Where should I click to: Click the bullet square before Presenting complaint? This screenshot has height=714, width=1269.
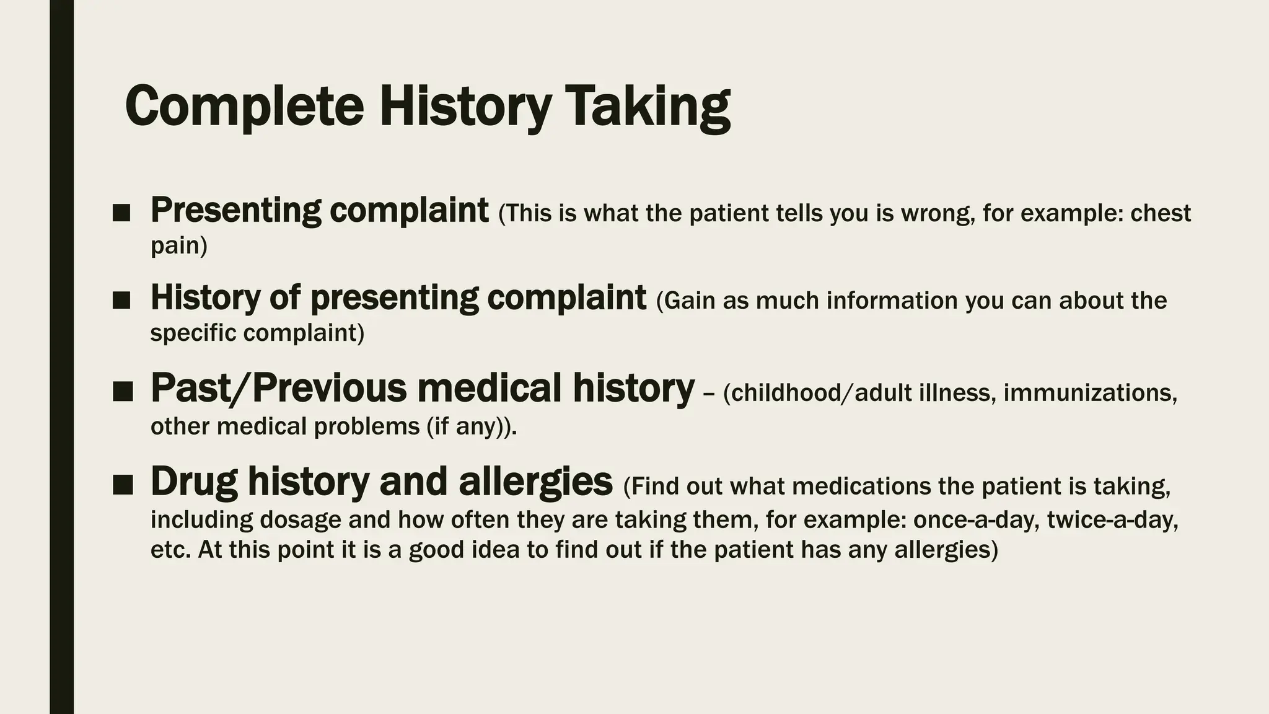click(122, 214)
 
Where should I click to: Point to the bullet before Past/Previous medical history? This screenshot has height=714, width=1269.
click(123, 392)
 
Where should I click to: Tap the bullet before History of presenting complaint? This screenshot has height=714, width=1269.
click(122, 301)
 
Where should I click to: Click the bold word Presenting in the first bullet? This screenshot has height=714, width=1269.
click(235, 211)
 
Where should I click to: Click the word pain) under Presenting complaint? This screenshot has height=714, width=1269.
click(179, 246)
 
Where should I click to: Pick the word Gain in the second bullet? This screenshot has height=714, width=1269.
click(685, 301)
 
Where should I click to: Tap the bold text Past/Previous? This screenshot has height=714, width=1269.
click(279, 389)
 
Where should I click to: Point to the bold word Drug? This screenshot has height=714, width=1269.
click(194, 482)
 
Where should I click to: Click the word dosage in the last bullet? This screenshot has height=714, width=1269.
click(300, 519)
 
